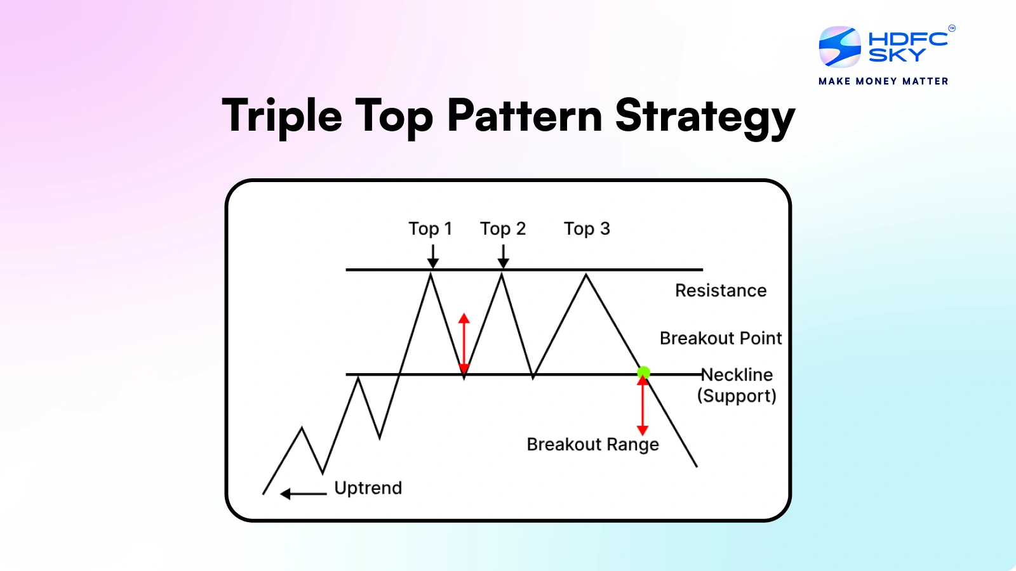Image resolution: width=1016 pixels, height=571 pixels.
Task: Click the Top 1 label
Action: pos(430,228)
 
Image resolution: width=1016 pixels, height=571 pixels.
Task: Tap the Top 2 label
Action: pos(502,228)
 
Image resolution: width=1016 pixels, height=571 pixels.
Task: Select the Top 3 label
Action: pos(586,228)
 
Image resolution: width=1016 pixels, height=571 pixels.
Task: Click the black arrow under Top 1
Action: pos(432,256)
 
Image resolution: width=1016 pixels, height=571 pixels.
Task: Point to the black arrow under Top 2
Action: pos(503,256)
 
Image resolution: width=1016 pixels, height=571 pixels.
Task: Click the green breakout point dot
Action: pos(643,372)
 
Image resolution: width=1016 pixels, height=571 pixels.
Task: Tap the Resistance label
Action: pos(720,291)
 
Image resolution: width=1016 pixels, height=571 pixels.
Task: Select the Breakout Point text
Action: pos(720,338)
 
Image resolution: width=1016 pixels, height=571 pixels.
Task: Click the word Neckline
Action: pos(737,374)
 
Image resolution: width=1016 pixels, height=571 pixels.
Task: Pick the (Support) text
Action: pos(736,396)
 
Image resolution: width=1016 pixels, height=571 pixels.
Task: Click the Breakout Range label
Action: pos(592,444)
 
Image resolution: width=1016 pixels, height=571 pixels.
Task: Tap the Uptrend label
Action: pos(368,488)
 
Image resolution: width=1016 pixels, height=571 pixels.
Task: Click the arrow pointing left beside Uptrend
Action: pos(303,494)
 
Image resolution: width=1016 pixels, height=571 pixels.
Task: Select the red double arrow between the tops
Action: pos(464,343)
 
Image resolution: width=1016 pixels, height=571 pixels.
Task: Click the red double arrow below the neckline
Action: pos(643,404)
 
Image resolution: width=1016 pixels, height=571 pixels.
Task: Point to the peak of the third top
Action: pos(585,275)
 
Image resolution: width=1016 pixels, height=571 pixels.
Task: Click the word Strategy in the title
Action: pos(705,117)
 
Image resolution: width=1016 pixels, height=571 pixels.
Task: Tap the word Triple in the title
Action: pos(281,117)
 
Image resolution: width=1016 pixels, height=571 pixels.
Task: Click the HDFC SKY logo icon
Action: pos(839,47)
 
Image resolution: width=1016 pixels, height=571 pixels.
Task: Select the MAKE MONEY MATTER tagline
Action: pos(883,81)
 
